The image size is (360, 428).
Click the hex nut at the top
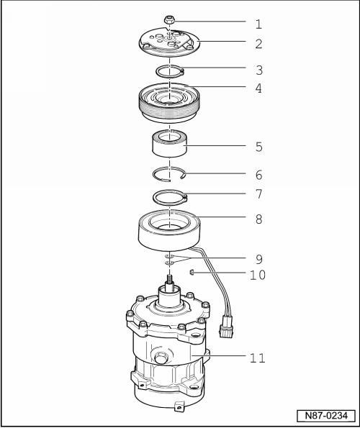(x=169, y=20)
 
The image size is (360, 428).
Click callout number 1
(x=258, y=24)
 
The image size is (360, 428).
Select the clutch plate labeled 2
(x=169, y=42)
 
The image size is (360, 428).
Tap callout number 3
(x=259, y=70)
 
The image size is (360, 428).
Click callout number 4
(x=258, y=88)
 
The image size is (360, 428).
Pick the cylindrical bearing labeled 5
(x=169, y=144)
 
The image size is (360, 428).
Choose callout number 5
(x=259, y=147)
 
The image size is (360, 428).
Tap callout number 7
(x=259, y=194)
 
